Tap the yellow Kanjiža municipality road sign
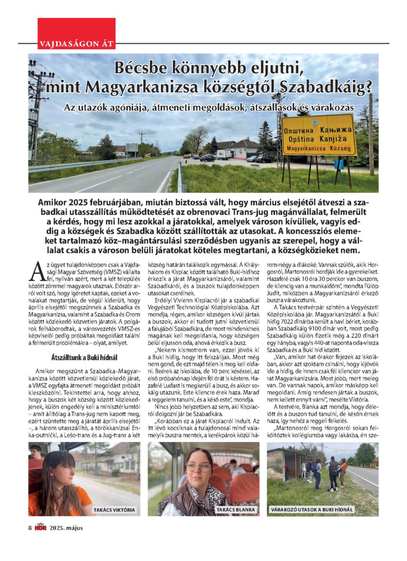pyautogui.click(x=318, y=135)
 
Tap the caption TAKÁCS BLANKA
pyautogui.click(x=236, y=510)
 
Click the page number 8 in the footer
pyautogui.click(x=30, y=527)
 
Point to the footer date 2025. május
pyautogui.click(x=66, y=527)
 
